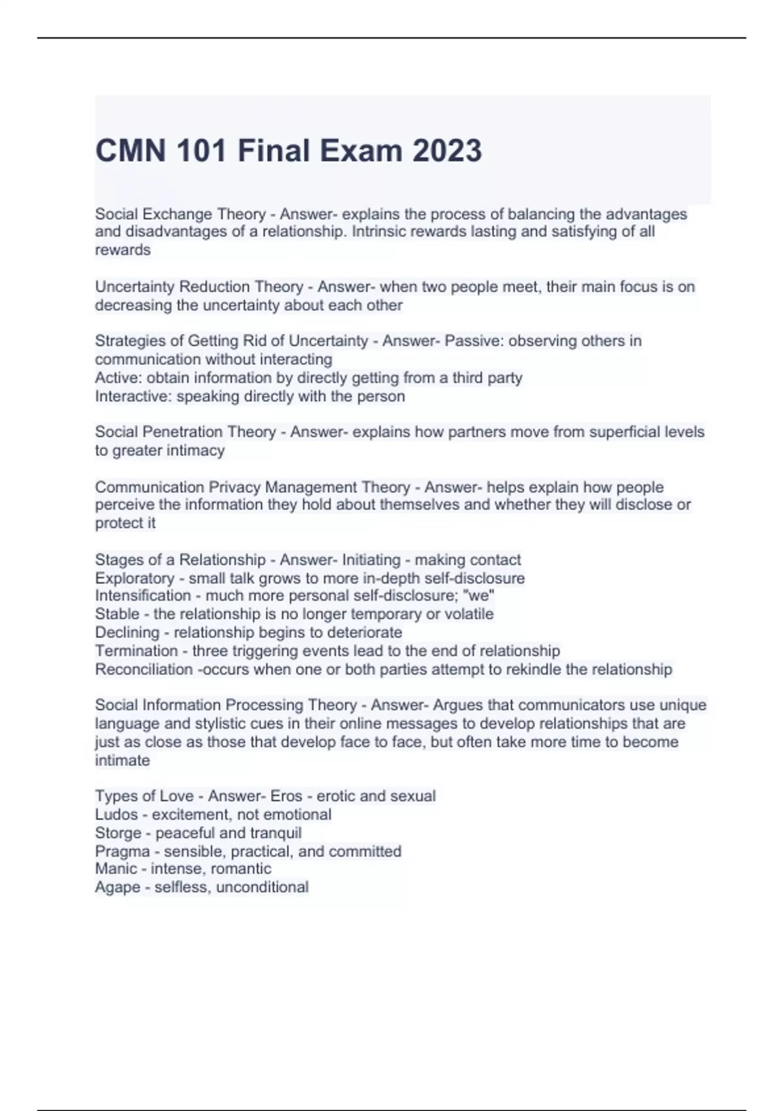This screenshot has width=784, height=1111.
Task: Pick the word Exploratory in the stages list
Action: click(135, 578)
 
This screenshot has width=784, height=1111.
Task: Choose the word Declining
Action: click(127, 633)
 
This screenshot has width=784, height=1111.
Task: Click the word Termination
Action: click(136, 651)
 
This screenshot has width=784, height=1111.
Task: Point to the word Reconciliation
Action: click(143, 669)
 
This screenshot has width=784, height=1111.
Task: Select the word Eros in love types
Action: click(286, 796)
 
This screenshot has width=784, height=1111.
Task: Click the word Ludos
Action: click(116, 814)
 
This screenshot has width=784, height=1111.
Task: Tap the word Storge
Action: click(118, 833)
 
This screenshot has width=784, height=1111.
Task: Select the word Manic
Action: click(116, 869)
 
